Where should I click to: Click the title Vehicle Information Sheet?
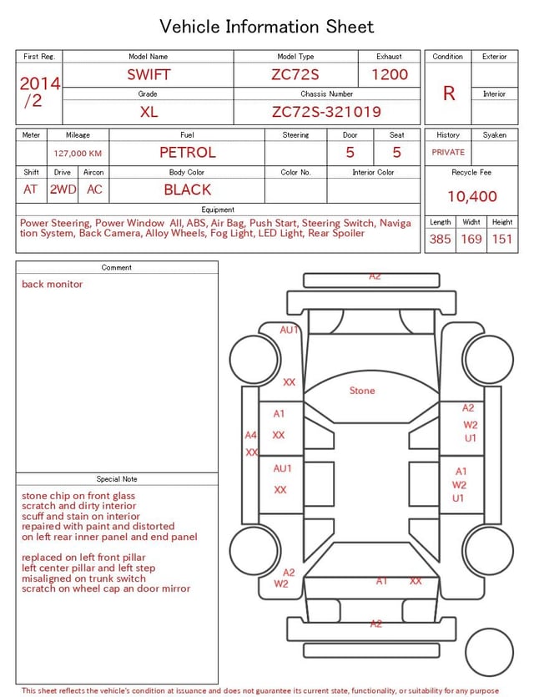[267, 27]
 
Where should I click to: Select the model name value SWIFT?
[149, 74]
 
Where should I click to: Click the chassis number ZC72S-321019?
[326, 112]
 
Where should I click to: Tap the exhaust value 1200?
[390, 74]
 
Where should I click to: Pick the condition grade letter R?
[449, 93]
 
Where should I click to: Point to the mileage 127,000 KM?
[78, 154]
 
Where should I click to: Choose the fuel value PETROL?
[187, 153]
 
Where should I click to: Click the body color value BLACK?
[187, 189]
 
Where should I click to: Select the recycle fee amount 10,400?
[471, 197]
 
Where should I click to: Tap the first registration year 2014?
[39, 83]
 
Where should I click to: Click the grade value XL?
[149, 112]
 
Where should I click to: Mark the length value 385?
[440, 240]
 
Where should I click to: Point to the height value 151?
[501, 240]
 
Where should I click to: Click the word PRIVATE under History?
[448, 153]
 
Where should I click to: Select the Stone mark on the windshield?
[362, 391]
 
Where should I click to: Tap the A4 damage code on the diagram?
[250, 435]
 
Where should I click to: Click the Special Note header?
[117, 479]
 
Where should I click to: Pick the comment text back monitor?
[53, 285]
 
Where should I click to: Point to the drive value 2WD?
[63, 189]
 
